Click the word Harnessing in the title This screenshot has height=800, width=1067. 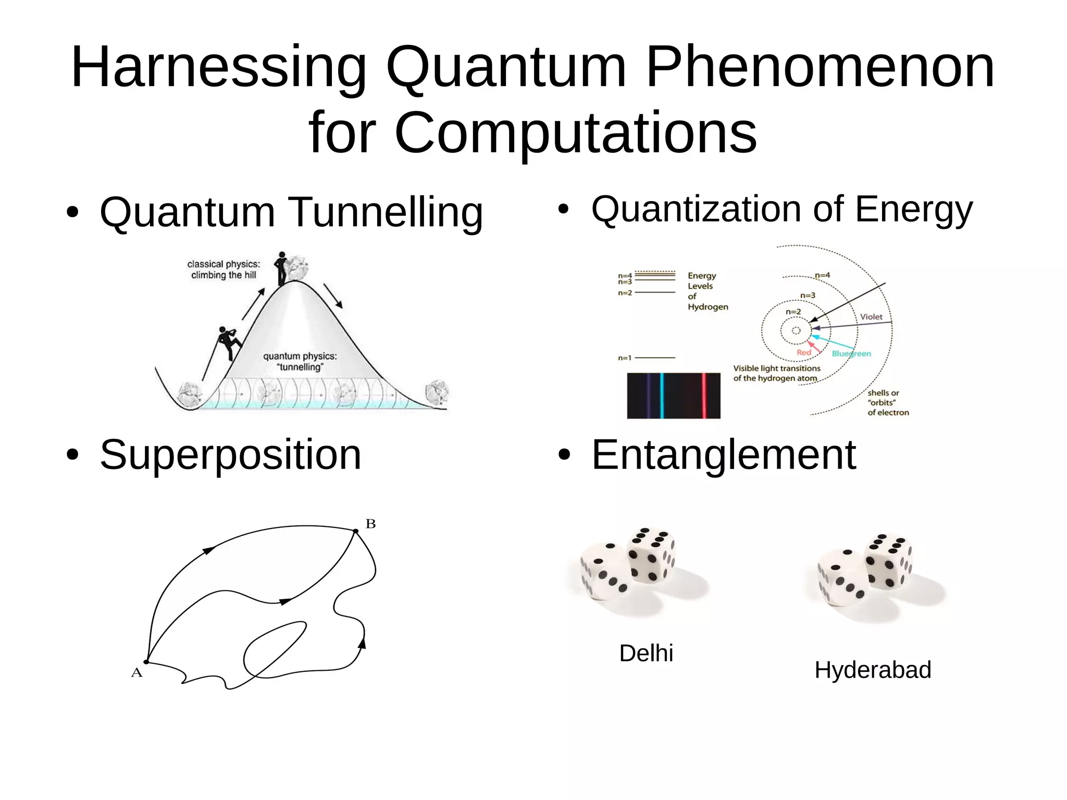[219, 68]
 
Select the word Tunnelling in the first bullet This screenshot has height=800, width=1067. [386, 212]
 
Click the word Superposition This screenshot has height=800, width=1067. [230, 455]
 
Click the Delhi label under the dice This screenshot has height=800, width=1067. [646, 653]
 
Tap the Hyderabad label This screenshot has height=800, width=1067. [873, 670]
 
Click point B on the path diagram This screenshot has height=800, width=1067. [356, 531]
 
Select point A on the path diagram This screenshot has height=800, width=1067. [146, 662]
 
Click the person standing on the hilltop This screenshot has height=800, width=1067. [282, 268]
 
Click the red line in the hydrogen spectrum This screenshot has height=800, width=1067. [704, 396]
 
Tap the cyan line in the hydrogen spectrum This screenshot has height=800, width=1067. [662, 396]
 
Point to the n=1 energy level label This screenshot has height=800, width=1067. [625, 358]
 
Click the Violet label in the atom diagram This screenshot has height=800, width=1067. [871, 317]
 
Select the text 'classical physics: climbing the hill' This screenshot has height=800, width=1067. [224, 269]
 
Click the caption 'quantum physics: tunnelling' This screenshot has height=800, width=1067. [300, 362]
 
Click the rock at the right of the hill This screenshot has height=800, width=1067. [437, 393]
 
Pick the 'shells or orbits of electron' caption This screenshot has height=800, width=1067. [888, 403]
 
